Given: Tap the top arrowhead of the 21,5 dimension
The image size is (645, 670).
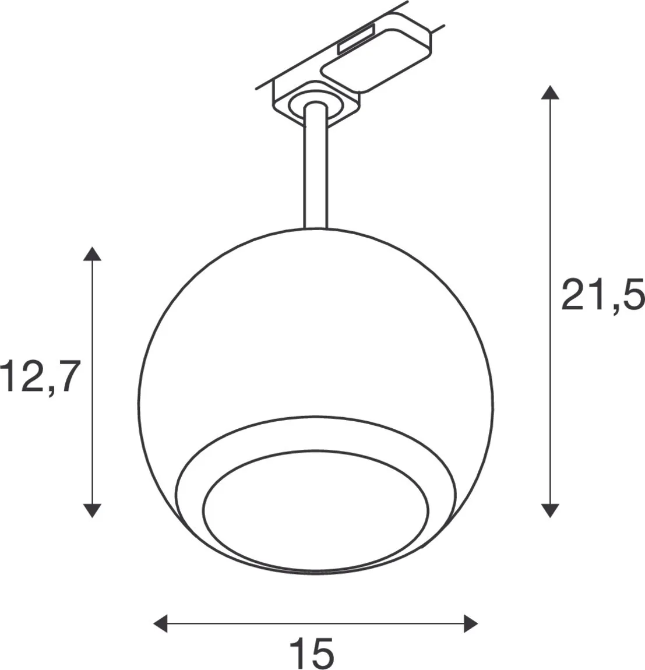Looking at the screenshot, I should tap(547, 93).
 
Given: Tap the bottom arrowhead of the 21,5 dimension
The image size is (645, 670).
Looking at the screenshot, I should tap(547, 510).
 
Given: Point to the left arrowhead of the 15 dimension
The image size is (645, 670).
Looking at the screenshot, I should tap(160, 623).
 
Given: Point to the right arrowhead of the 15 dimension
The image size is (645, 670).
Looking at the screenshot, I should tap(470, 623).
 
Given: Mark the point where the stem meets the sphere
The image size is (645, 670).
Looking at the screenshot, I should tap(315, 227).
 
